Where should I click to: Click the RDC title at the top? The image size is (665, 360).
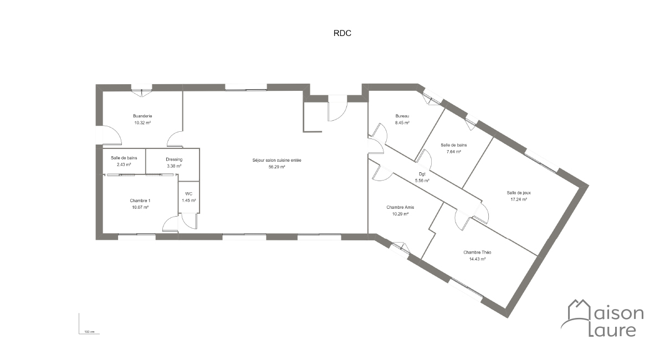tap(342, 33)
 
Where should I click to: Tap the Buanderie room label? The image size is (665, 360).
tap(142, 116)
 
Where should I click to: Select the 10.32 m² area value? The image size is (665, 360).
tap(142, 122)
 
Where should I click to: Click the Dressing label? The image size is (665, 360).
tap(174, 160)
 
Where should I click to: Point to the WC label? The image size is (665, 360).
tap(189, 194)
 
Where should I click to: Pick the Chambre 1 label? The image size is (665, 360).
tap(140, 200)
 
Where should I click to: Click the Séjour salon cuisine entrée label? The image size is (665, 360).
tap(277, 160)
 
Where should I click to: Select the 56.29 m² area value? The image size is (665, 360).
tap(277, 167)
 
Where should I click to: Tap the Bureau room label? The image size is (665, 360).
tap(402, 116)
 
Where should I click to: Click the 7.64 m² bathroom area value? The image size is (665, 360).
tap(454, 152)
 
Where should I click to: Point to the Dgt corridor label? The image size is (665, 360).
tap(422, 174)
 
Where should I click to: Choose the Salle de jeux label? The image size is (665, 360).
tap(519, 193)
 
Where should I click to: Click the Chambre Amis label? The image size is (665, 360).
tap(400, 207)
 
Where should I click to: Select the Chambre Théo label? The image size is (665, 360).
tap(477, 252)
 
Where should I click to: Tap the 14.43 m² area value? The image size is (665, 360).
tap(477, 259)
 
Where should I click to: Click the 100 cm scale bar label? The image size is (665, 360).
tap(89, 332)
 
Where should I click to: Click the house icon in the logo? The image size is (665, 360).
tap(579, 310)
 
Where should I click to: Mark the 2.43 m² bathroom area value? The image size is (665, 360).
tap(124, 164)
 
